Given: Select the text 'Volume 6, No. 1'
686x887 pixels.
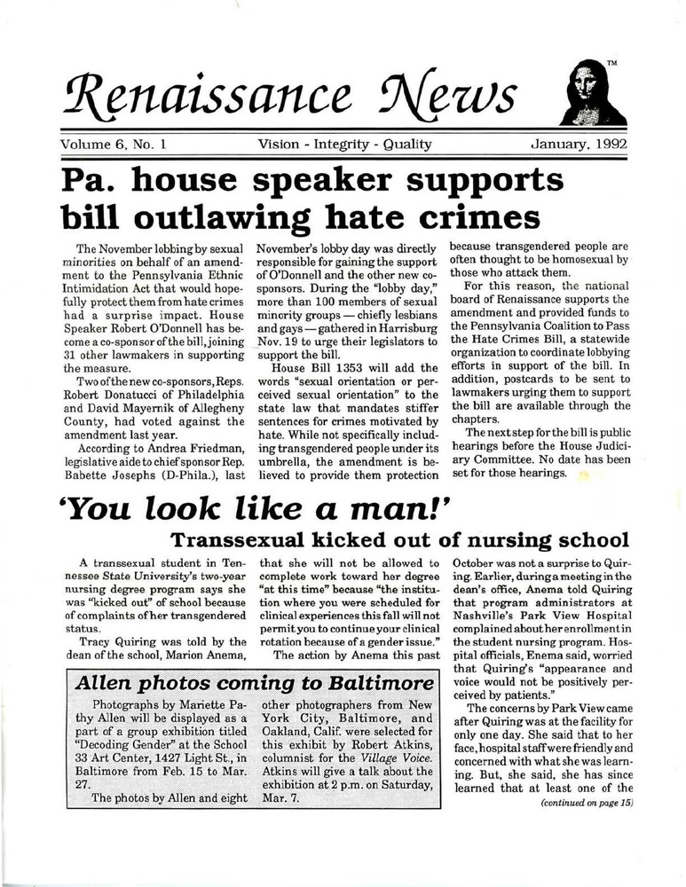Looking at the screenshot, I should (115, 144).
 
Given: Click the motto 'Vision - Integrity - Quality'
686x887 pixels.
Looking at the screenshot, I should (344, 144).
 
